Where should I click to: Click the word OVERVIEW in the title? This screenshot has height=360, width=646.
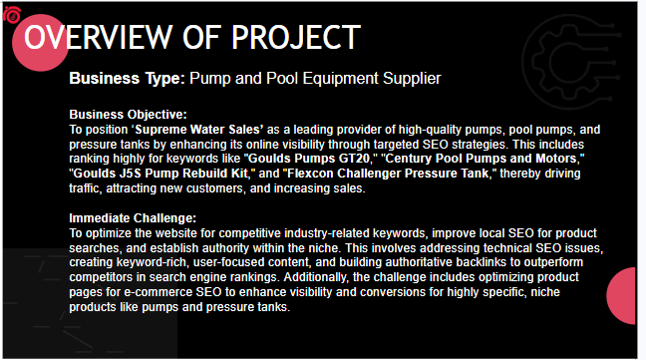(98, 37)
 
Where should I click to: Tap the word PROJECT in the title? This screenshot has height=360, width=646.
(296, 37)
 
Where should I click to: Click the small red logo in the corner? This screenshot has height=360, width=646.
(12, 15)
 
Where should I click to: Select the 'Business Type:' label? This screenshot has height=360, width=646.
(128, 78)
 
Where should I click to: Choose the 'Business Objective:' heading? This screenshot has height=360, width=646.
(129, 115)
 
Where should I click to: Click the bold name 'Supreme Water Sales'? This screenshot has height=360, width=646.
(199, 130)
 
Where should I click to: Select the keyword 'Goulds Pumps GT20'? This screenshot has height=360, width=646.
(309, 159)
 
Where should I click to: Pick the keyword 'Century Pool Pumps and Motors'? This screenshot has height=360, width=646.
(481, 159)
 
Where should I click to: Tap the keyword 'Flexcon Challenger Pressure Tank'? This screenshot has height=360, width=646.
(388, 174)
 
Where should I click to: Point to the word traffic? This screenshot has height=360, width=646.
(85, 188)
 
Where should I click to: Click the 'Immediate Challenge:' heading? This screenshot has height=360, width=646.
(133, 218)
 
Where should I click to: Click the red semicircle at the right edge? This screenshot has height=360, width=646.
(622, 295)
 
